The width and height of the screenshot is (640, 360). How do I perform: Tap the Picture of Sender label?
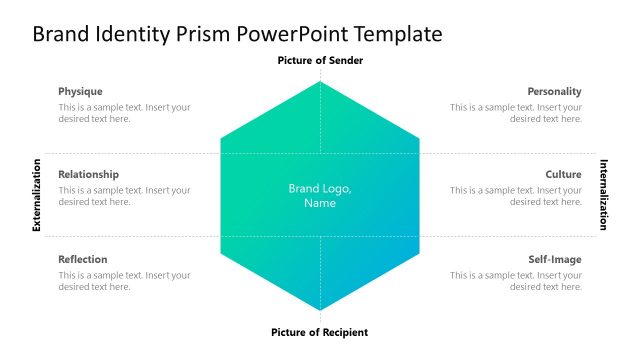pos(320,61)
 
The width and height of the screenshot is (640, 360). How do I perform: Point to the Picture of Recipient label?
pos(320,332)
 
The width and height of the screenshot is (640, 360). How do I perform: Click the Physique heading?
pos(80,91)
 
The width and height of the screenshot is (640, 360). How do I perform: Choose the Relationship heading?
pos(88,174)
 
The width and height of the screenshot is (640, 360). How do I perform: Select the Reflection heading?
pos(83,259)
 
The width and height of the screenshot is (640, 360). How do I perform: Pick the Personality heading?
pos(554,91)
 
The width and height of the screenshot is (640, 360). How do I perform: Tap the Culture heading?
pos(563,174)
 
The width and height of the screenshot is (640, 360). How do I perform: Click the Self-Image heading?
pos(554,259)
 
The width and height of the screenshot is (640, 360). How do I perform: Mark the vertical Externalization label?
pos(37,195)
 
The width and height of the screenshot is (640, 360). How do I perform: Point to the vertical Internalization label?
pos(603,195)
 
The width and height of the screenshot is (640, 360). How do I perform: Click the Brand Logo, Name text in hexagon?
pos(320,195)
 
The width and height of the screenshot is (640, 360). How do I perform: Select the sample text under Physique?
pos(124,113)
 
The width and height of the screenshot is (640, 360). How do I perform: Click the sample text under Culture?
pos(515,195)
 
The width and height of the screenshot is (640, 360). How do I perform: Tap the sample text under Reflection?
pos(124,281)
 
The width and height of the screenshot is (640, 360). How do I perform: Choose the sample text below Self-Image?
pos(515,281)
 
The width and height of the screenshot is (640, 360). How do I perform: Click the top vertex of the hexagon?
pos(320,82)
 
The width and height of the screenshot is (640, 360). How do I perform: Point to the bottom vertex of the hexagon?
pos(320,311)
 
